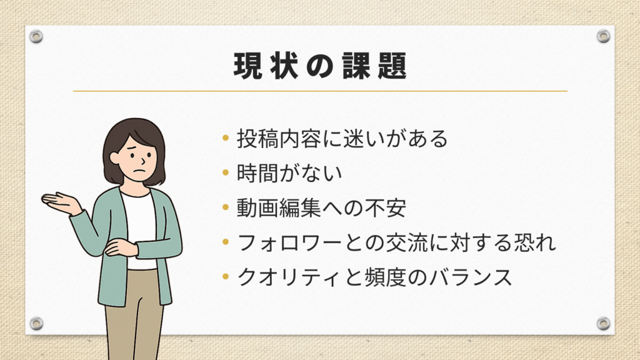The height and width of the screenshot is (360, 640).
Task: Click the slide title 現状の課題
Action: tap(321, 66)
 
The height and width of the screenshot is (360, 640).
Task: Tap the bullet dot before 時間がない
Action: tap(226, 172)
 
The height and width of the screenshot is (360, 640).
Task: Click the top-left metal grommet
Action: tap(36, 36)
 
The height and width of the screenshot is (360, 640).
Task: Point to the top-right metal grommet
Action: tap(603, 36)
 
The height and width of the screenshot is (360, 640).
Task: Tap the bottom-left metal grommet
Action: tap(36, 323)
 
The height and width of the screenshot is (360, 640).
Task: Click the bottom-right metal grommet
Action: tap(603, 323)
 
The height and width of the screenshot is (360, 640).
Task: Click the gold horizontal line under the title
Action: tap(321, 91)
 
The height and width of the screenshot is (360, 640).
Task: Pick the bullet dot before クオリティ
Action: tap(226, 277)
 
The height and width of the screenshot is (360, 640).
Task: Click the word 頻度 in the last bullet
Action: tap(385, 277)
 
